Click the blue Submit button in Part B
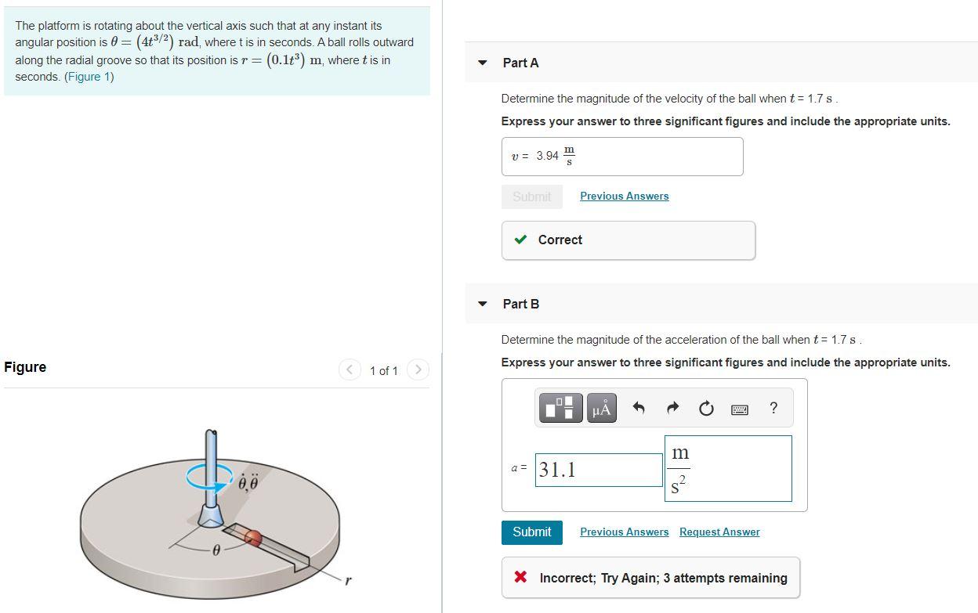pyautogui.click(x=531, y=532)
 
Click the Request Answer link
pyautogui.click(x=719, y=532)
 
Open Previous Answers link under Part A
pyautogui.click(x=624, y=197)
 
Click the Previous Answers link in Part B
pyautogui.click(x=624, y=532)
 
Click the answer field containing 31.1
pyautogui.click(x=599, y=470)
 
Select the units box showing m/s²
pyautogui.click(x=728, y=469)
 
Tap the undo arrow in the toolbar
pyautogui.click(x=639, y=409)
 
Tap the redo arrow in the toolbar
pyautogui.click(x=672, y=409)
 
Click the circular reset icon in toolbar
pyautogui.click(x=706, y=409)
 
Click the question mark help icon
pyautogui.click(x=773, y=408)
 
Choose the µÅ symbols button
pyautogui.click(x=601, y=409)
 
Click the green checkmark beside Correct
pyautogui.click(x=520, y=240)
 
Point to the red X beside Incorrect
pyautogui.click(x=520, y=578)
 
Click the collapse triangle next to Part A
pyautogui.click(x=483, y=63)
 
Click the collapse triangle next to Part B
pyautogui.click(x=483, y=304)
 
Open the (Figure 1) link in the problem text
pyautogui.click(x=89, y=77)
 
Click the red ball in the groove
pyautogui.click(x=252, y=537)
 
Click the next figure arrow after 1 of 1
pyautogui.click(x=418, y=370)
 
